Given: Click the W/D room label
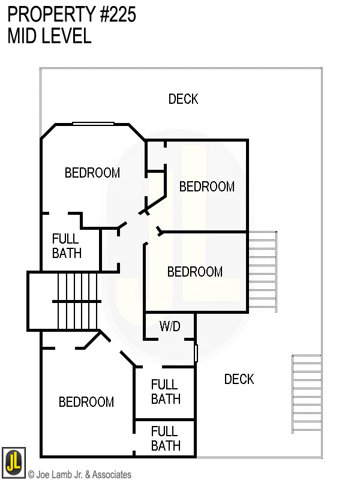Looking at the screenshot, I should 169,326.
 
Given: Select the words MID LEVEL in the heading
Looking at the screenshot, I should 49,36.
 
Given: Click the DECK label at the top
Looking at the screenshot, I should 183,99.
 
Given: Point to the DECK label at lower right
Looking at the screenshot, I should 239,379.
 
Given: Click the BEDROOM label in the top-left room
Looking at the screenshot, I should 92,173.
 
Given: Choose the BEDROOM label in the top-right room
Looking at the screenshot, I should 206,187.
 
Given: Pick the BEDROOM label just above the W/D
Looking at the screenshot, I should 194,272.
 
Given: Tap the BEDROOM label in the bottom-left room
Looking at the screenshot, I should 86,402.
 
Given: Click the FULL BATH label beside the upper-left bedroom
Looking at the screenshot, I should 67,246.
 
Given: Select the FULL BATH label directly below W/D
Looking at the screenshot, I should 165,392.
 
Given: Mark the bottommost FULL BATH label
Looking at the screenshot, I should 165,439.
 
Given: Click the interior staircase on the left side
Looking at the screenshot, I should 76,300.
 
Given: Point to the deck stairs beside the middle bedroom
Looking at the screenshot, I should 263,270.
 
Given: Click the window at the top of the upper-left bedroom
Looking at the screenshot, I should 93,124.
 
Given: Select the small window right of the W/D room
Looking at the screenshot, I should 196,352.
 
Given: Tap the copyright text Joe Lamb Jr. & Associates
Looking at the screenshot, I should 80,475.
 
